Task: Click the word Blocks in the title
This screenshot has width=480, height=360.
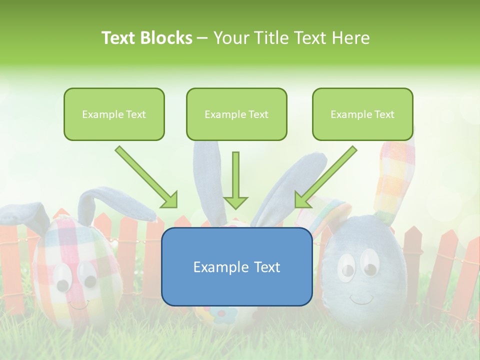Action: [166, 38]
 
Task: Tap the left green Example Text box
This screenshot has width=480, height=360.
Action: [114, 114]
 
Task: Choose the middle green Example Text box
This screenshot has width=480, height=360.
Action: [236, 114]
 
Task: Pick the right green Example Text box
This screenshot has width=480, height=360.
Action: [362, 114]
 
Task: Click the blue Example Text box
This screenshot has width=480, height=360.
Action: [236, 266]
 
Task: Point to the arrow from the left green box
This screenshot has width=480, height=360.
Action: [146, 177]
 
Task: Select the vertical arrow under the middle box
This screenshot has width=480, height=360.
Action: [235, 180]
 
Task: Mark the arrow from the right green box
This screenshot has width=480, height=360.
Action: [325, 177]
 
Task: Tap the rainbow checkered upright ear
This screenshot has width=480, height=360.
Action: [395, 175]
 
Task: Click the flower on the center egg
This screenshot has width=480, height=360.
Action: [221, 314]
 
